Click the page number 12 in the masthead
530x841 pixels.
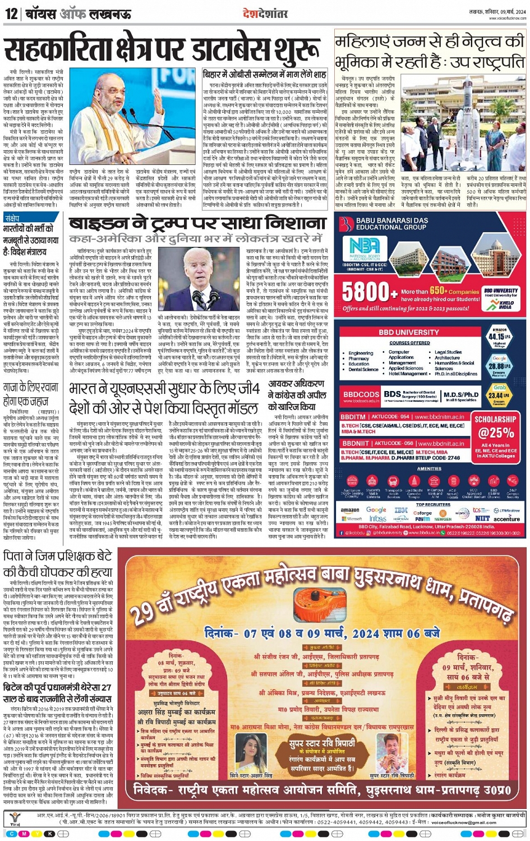point(11,13)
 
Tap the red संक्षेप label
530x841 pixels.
point(12,218)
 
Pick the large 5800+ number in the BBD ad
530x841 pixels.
point(366,292)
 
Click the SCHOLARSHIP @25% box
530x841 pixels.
point(495,436)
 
